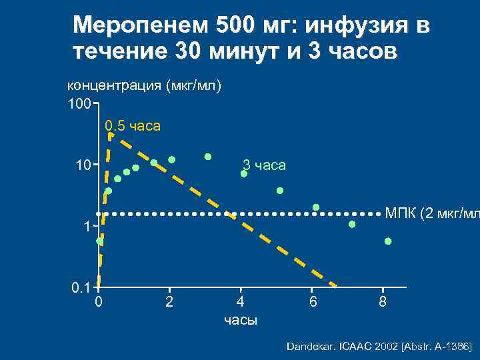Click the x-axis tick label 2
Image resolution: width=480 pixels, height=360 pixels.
tap(169, 303)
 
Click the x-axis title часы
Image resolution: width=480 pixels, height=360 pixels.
tap(241, 321)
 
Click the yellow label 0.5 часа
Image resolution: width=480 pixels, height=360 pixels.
tap(133, 125)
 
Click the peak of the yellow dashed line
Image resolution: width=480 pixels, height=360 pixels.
tap(111, 135)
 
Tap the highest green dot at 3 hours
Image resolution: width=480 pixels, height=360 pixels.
tap(208, 157)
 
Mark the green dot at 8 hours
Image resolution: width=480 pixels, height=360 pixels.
tap(388, 241)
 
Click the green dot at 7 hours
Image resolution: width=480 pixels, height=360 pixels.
tap(352, 225)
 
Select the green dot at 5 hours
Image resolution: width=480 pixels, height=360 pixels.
tap(280, 191)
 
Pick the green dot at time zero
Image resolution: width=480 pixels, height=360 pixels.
tap(99, 241)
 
